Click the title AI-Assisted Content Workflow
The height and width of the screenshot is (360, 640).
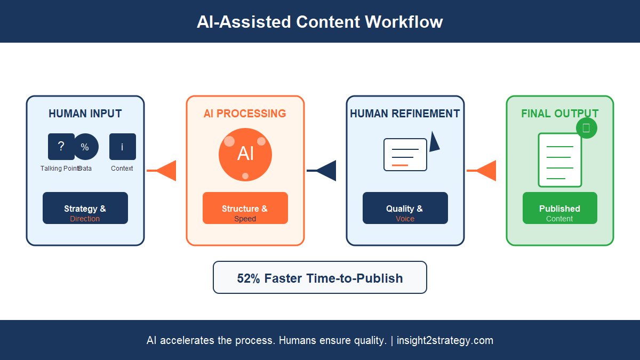click(x=319, y=22)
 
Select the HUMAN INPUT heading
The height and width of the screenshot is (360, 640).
click(x=85, y=114)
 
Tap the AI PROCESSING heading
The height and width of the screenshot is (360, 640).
click(x=245, y=114)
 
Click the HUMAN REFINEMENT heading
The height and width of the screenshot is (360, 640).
click(x=405, y=114)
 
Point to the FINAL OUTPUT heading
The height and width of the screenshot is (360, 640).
click(x=559, y=114)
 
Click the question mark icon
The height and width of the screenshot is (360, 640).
click(x=61, y=147)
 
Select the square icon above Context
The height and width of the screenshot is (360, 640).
click(x=123, y=147)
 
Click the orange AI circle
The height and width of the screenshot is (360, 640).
click(x=245, y=155)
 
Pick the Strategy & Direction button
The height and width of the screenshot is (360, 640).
click(x=85, y=208)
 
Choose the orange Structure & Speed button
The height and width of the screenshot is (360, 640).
click(x=245, y=208)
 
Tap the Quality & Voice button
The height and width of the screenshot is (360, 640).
click(x=405, y=208)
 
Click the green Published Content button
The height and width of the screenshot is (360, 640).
click(x=560, y=208)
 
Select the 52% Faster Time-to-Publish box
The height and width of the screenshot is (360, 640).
click(x=320, y=277)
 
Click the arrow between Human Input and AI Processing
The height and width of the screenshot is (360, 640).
click(x=163, y=171)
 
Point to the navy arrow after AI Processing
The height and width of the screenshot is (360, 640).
click(x=323, y=171)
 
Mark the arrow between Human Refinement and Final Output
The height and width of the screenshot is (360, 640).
click(x=483, y=171)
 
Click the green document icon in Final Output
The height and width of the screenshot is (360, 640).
click(x=559, y=160)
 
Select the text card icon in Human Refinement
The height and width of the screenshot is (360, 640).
click(x=405, y=155)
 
